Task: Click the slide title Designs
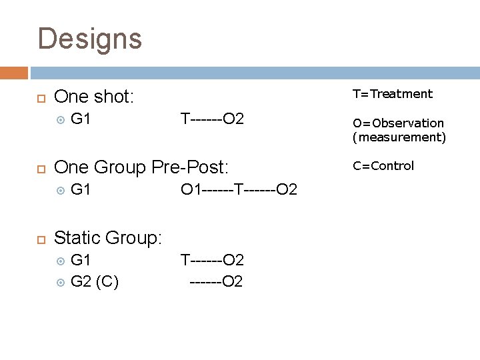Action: point(90,39)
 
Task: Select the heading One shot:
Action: point(94,97)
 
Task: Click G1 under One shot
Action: point(81,120)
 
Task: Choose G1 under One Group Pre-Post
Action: point(81,190)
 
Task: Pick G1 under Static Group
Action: point(81,259)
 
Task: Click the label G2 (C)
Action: point(94,281)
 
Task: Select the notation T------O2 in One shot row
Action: point(213,120)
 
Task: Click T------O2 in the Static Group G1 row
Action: point(213,259)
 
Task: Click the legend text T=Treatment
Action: point(393,94)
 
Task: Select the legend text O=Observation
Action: point(398,123)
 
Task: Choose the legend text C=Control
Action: point(383,166)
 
